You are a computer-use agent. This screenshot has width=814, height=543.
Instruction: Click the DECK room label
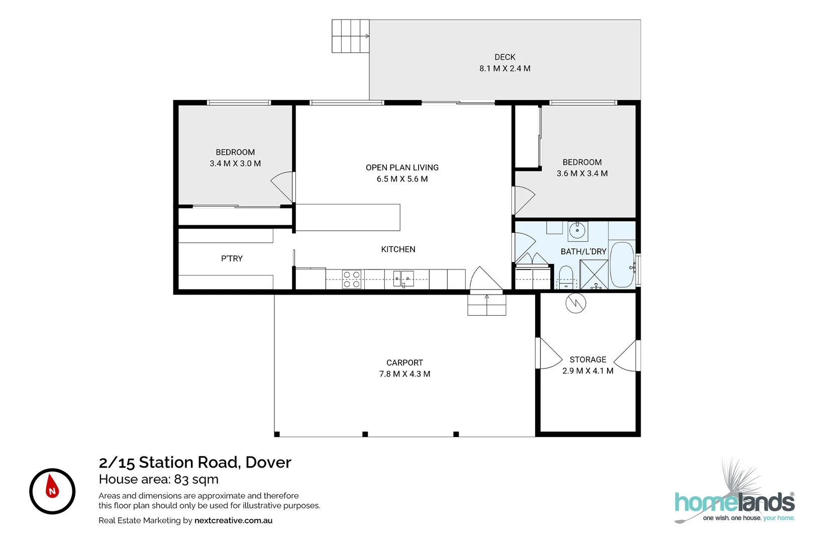[x=504, y=57]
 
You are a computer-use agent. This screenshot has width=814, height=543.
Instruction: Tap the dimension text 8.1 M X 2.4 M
[x=504, y=68]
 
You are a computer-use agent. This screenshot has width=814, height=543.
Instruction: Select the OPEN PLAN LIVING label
[x=402, y=167]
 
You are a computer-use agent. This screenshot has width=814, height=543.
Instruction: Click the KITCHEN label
[x=398, y=249]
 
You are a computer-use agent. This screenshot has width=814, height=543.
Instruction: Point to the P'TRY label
[x=232, y=258]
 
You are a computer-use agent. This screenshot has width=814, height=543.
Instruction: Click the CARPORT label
[x=404, y=363]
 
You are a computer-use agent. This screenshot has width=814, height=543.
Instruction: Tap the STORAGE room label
[x=587, y=359]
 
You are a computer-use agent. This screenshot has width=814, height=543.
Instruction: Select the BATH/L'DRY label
[x=583, y=251]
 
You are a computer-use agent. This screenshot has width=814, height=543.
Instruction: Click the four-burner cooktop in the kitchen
[x=352, y=280]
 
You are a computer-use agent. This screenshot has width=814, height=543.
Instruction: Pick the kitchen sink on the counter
[x=403, y=279]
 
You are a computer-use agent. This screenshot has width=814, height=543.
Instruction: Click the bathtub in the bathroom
[x=622, y=265]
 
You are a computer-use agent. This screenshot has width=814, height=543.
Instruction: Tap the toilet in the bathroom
[x=566, y=278]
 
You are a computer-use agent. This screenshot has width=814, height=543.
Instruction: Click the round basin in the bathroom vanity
[x=577, y=231]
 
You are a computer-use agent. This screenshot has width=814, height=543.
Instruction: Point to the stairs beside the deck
[x=350, y=36]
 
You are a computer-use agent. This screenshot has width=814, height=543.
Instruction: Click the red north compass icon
[x=52, y=491]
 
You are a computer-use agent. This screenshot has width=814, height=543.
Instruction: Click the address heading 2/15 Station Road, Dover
[x=195, y=462]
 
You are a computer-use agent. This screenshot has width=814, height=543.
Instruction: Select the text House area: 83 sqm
[x=158, y=479]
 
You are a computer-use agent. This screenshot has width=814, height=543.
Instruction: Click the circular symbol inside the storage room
[x=576, y=303]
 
